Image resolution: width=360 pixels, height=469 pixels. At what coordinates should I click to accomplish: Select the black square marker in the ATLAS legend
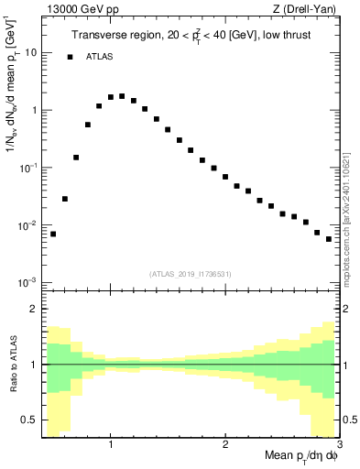[x=70, y=57]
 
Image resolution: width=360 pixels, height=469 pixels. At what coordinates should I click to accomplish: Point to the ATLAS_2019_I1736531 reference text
[x=191, y=274]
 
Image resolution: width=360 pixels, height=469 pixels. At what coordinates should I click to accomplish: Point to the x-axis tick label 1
[x=111, y=445]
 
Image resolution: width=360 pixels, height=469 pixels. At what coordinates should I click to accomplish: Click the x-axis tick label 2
[x=225, y=445]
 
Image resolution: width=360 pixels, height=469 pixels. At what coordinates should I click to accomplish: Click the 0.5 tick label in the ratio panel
[x=29, y=420]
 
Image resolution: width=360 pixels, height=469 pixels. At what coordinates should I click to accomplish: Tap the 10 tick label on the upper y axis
[x=29, y=53]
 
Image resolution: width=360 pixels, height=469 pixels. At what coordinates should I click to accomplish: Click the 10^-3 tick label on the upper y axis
[x=27, y=282]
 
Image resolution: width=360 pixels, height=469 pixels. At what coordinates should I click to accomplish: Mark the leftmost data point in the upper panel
[x=53, y=234]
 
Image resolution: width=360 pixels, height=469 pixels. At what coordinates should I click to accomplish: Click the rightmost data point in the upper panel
[x=329, y=239]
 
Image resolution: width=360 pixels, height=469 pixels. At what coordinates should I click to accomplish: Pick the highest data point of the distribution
[x=122, y=95]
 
